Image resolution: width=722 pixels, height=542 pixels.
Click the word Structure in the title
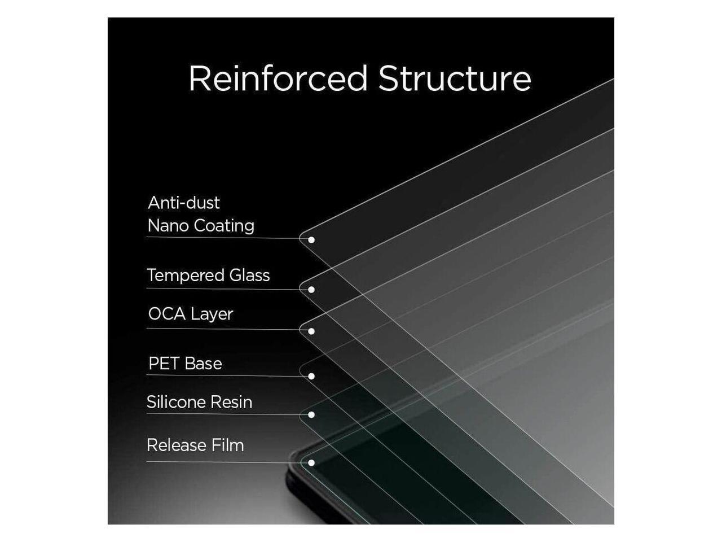click(455, 78)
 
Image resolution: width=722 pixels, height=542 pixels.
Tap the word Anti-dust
click(184, 203)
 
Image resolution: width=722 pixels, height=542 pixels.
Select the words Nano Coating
click(201, 226)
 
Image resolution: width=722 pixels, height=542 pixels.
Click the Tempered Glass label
click(208, 276)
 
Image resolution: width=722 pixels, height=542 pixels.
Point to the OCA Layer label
click(190, 314)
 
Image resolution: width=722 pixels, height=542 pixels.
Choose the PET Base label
click(185, 364)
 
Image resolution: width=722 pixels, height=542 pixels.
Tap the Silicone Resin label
click(199, 402)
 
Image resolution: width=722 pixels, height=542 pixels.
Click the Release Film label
click(195, 445)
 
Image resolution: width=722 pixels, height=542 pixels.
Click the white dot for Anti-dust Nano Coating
click(311, 239)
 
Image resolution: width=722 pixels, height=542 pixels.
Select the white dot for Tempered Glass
click(311, 290)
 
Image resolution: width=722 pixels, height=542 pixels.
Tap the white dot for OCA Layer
click(311, 331)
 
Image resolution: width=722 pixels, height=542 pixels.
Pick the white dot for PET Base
click(311, 376)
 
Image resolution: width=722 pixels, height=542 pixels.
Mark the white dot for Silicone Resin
click(311, 415)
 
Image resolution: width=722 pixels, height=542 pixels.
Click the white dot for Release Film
click(311, 463)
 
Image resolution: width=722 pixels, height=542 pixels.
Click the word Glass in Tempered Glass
click(249, 276)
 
